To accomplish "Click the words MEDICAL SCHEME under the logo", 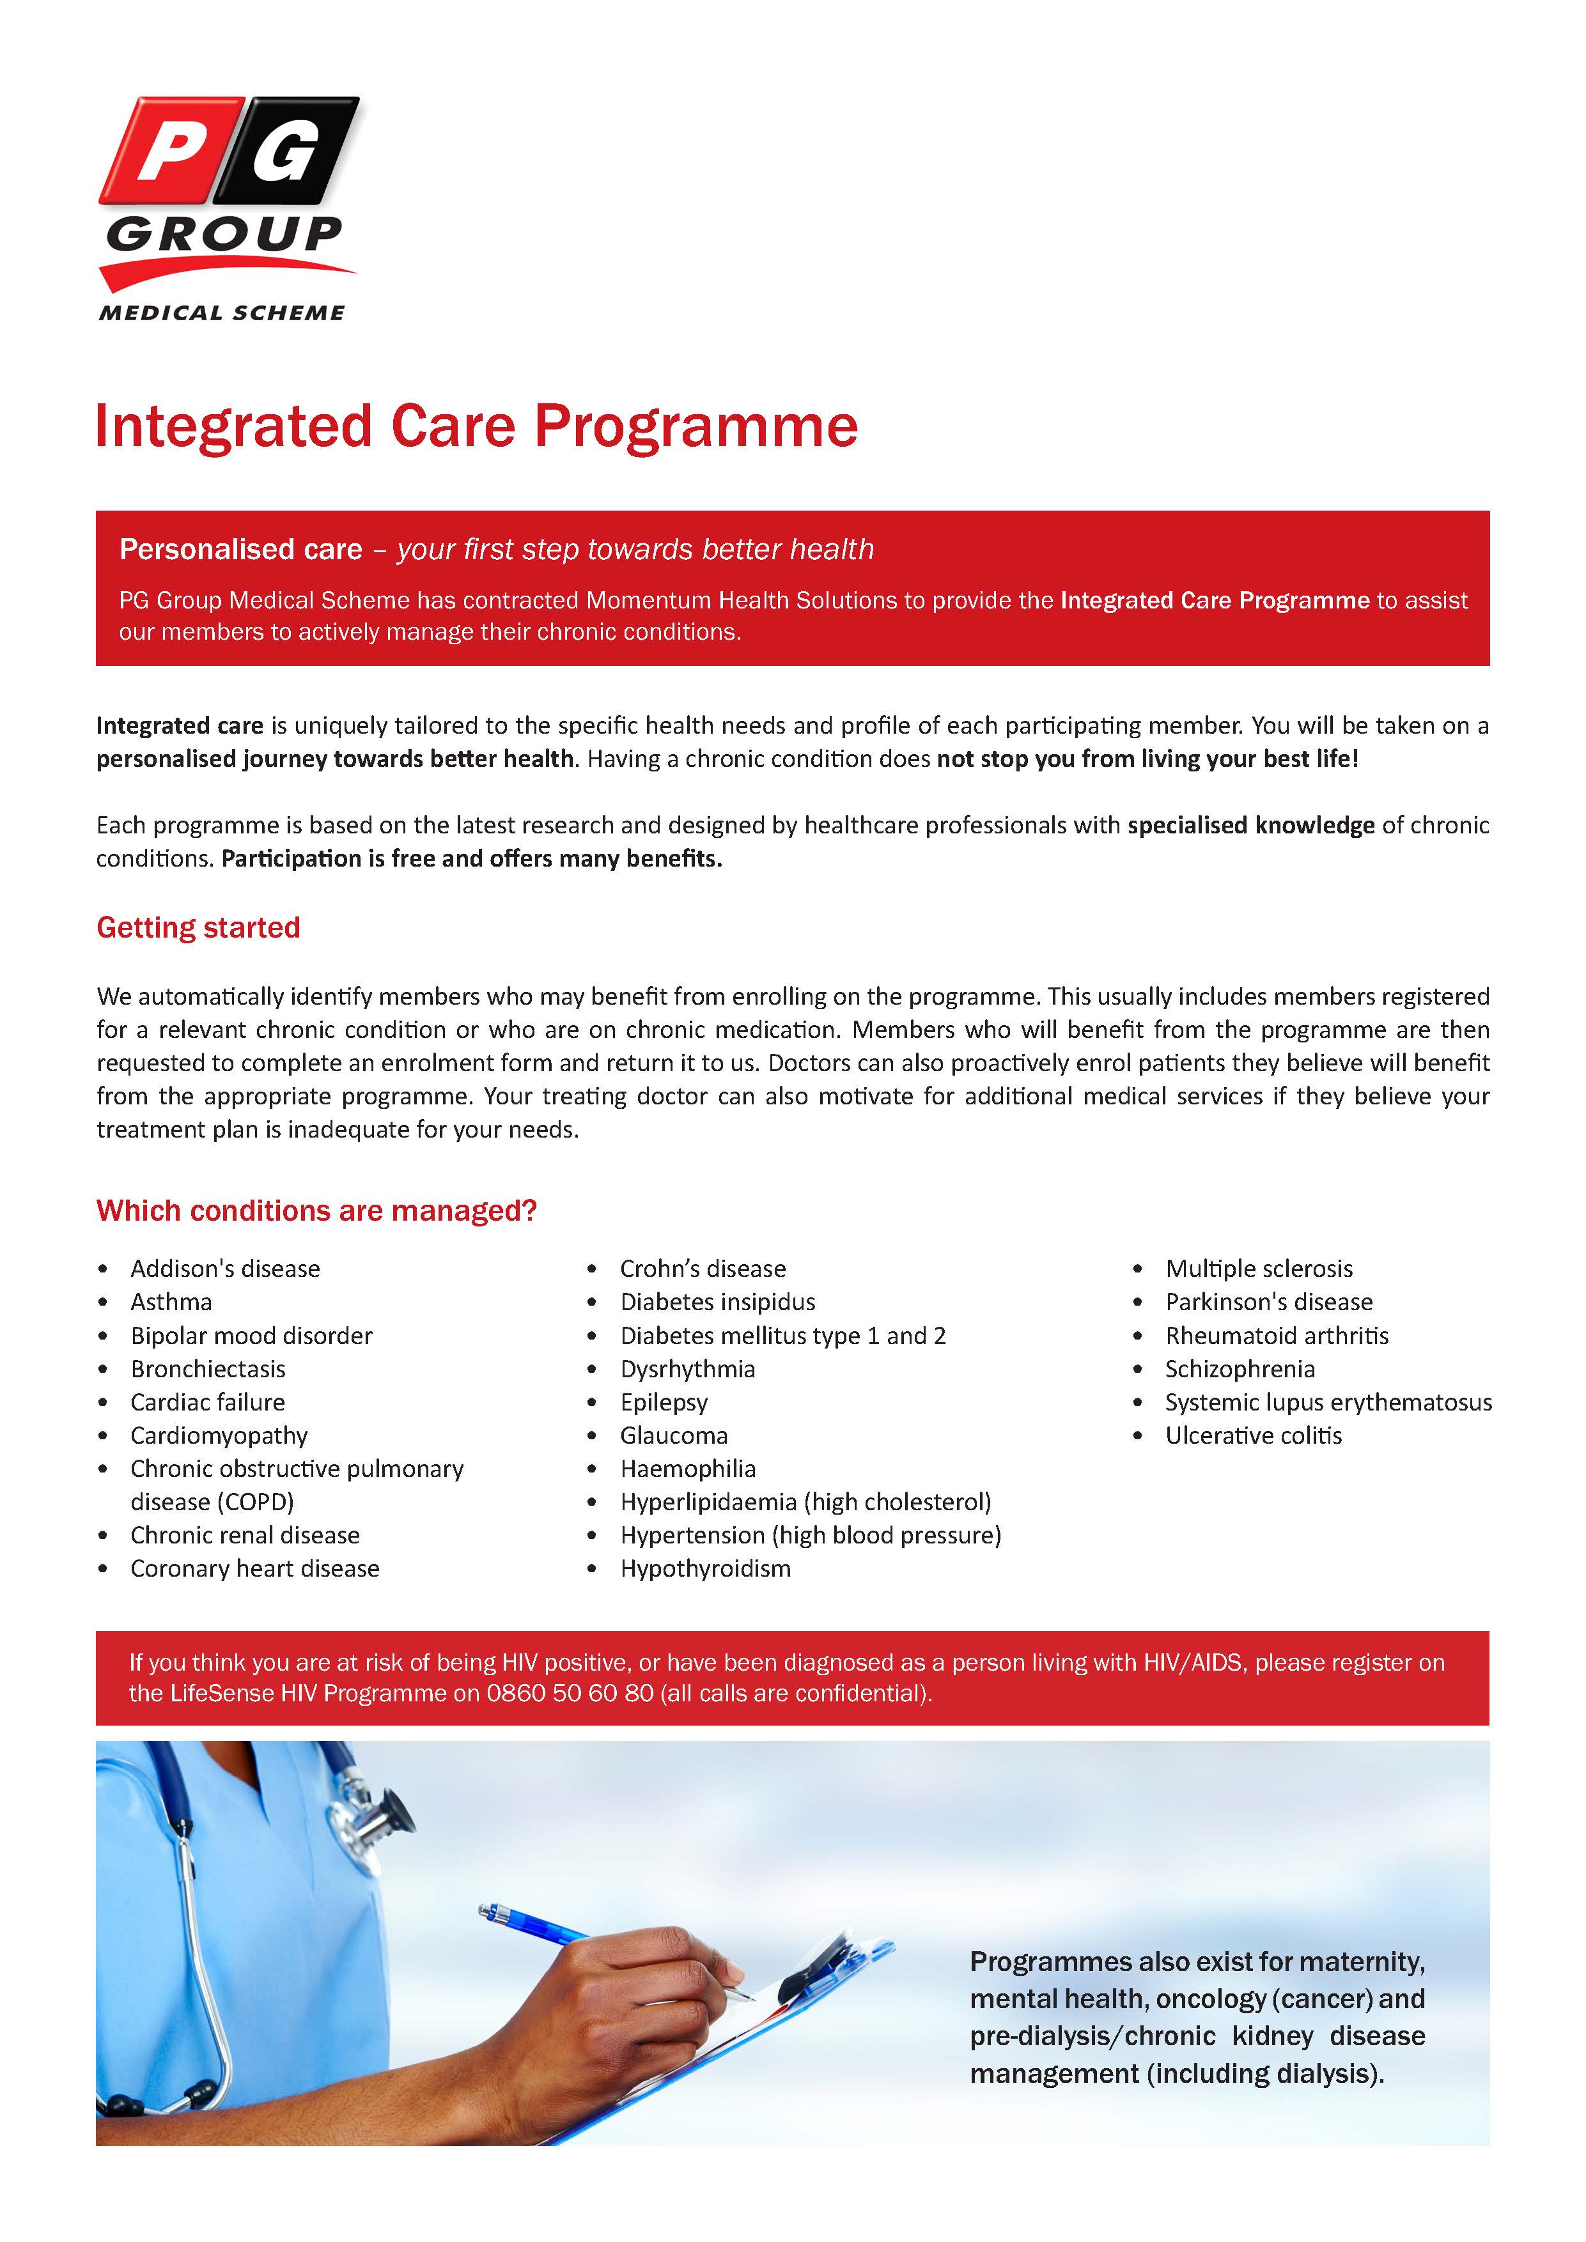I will (222, 313).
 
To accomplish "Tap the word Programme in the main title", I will (696, 427).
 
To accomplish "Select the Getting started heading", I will (198, 927).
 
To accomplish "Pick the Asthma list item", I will (171, 1302).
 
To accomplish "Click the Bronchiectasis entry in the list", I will (208, 1368).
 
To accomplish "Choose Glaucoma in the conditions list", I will (674, 1435).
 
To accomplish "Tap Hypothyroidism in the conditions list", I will (705, 1568).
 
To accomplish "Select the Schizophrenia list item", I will (1240, 1368).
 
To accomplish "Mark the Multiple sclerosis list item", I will (1259, 1269).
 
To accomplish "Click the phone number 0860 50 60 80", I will (570, 1692).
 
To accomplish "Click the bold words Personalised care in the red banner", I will (240, 549).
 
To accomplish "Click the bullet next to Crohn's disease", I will (592, 1269).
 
